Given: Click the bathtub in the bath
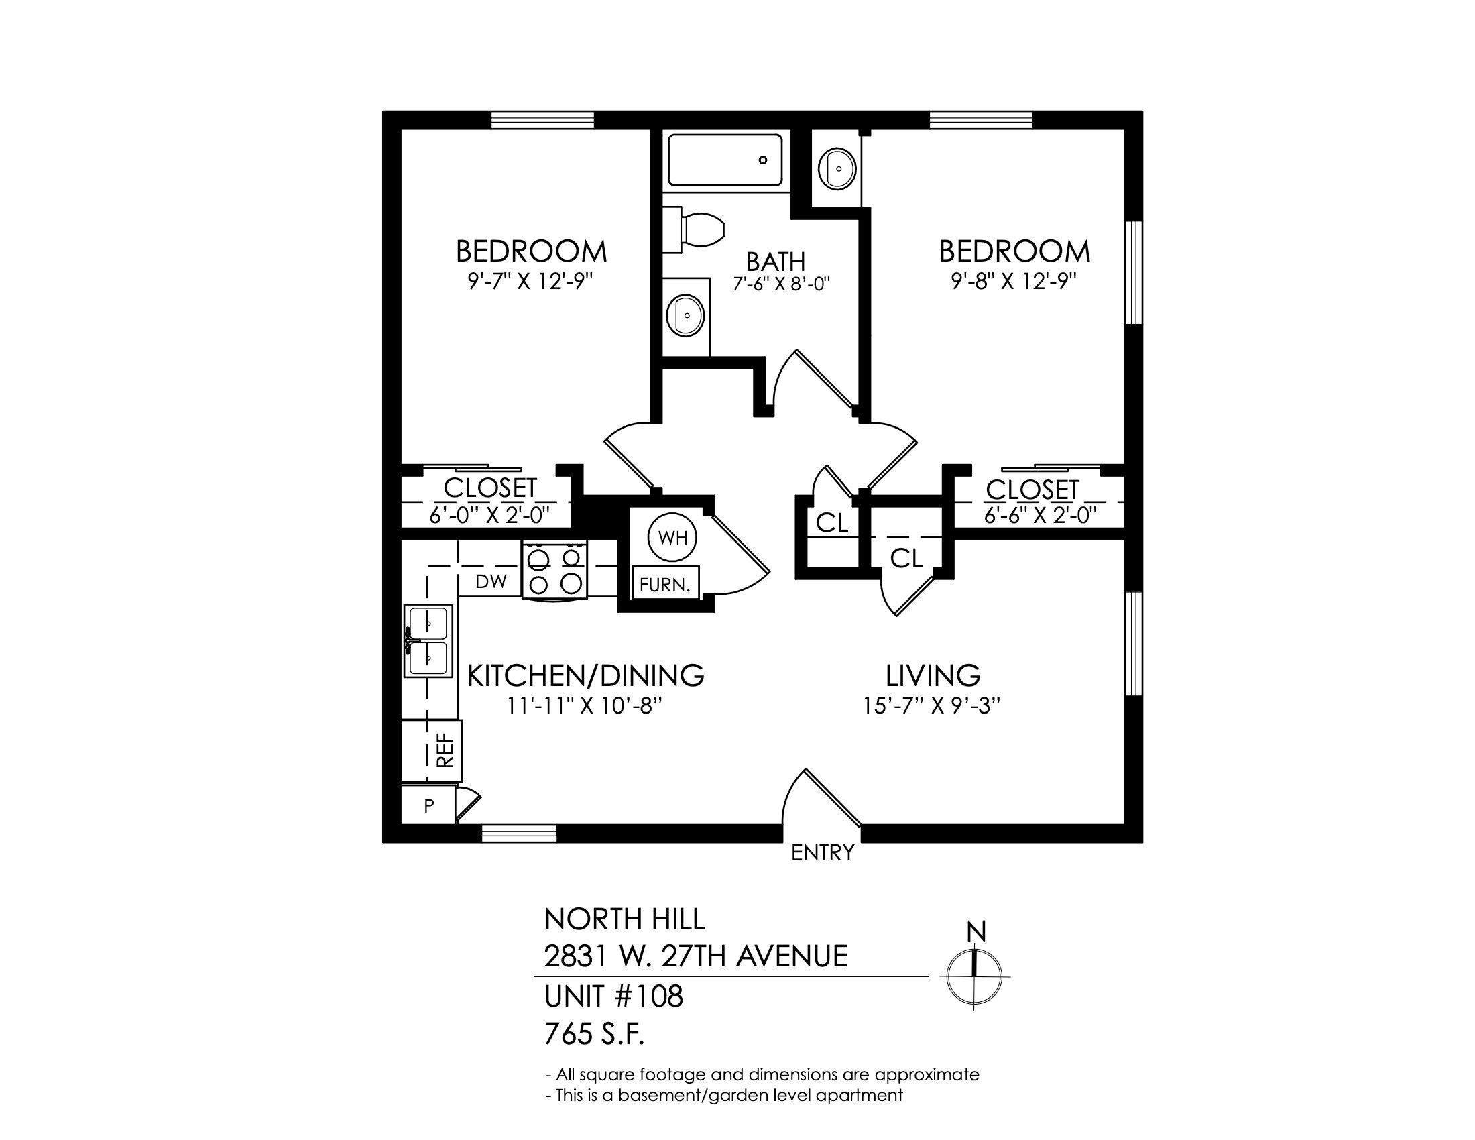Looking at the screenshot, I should pos(725,160).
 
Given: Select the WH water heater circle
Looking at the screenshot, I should pos(672,538).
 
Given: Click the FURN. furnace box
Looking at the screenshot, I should pos(665,584).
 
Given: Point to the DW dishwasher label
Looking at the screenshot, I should pos(491,582).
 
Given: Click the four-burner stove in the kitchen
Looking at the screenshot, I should pos(554,571).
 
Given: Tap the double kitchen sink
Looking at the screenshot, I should pos(428,640).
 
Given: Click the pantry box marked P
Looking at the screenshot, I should pos(428,805).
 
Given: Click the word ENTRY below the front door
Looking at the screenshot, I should pos(822,853).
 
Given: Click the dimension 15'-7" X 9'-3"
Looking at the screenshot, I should pos(931,705).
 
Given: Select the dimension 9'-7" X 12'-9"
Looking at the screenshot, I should pos(530,281).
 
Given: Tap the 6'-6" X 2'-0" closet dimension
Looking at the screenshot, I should pos(1039,515).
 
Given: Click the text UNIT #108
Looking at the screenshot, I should pos(613,996).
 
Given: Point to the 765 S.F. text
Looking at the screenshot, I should pos(594,1034).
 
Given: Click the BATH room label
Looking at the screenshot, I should pos(775,262).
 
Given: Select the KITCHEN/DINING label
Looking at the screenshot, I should pos(585,675).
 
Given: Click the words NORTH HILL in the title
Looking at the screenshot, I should pos(624,919).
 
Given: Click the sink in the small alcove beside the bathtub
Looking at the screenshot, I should pos(837,168).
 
